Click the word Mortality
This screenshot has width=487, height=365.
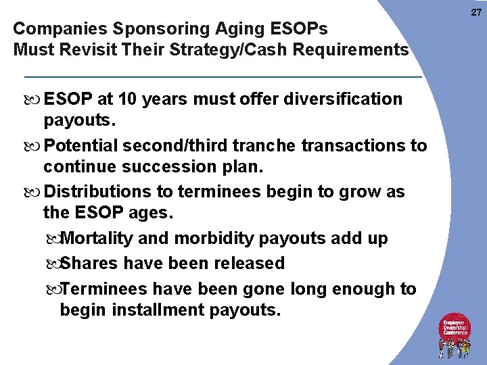tap(98, 239)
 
